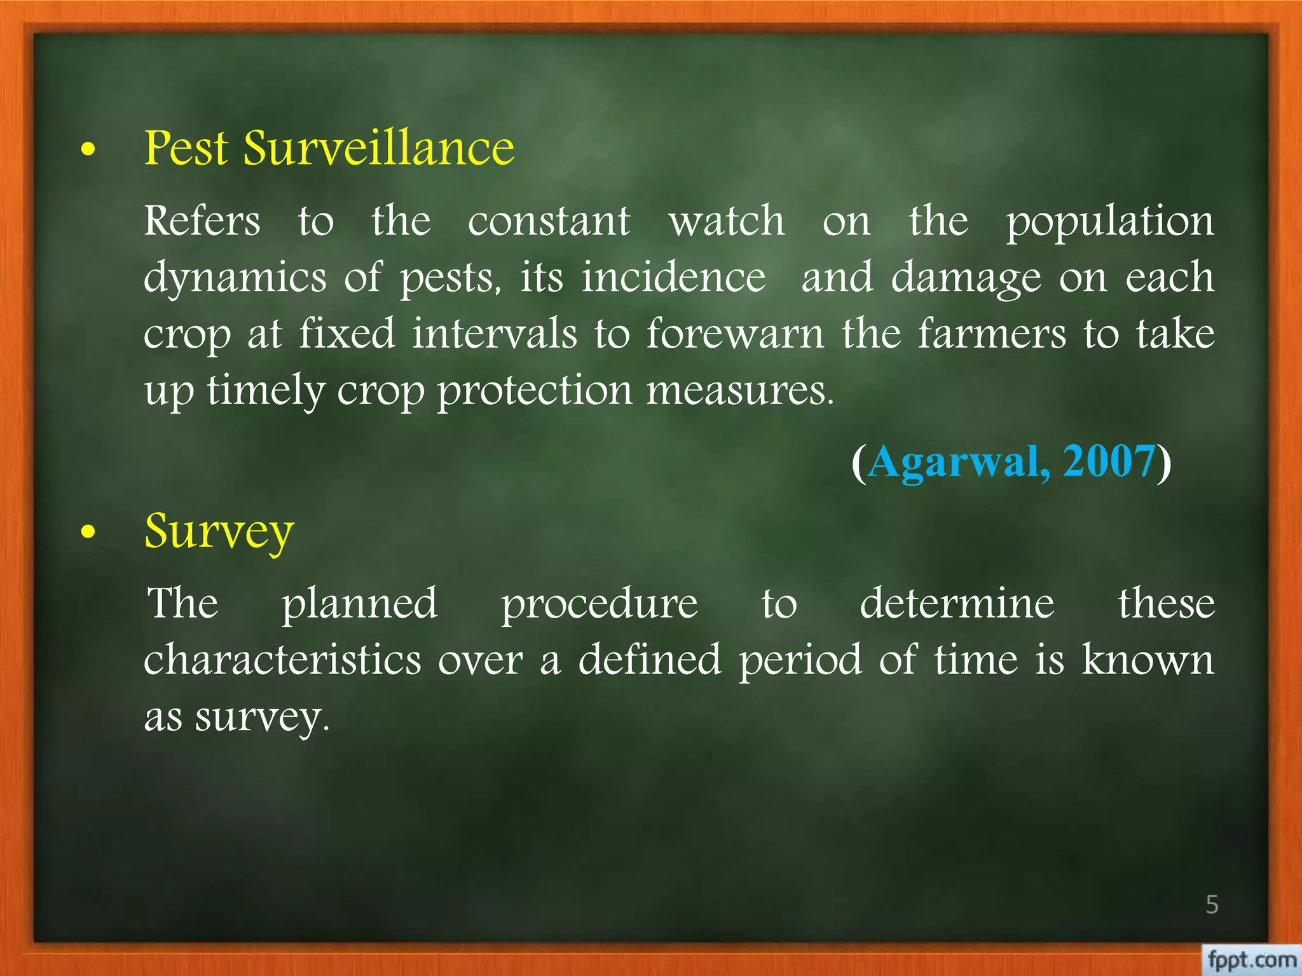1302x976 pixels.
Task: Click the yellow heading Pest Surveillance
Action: (329, 148)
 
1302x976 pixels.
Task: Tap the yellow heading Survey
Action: (219, 531)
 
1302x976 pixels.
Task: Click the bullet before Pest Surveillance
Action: (88, 150)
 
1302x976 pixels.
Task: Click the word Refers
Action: (202, 221)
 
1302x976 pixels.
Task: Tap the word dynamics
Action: (235, 278)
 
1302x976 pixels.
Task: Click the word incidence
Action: (674, 277)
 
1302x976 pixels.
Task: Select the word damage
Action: (966, 278)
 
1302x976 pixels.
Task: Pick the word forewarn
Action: (735, 334)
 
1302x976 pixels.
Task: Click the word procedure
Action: (599, 604)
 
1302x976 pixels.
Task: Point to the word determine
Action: (957, 603)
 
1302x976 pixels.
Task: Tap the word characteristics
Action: (282, 660)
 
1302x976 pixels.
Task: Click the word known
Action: (1148, 660)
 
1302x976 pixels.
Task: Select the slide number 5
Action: (1212, 904)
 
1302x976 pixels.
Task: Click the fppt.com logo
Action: (1251, 959)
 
